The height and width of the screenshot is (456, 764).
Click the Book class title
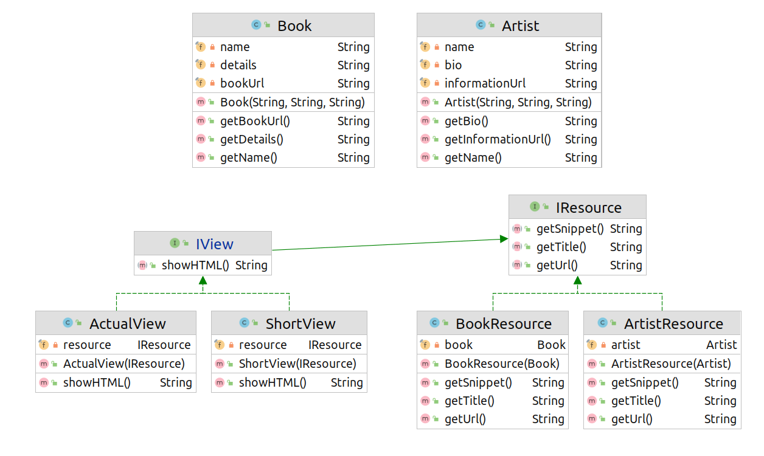click(x=294, y=26)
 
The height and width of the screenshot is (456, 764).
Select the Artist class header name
click(x=520, y=26)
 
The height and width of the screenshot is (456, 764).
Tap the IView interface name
click(x=215, y=244)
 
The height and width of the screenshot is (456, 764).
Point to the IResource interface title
click(x=589, y=207)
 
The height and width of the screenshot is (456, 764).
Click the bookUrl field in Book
click(x=242, y=83)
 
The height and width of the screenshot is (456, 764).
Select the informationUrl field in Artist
click(x=485, y=83)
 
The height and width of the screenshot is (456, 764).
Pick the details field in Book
click(x=238, y=65)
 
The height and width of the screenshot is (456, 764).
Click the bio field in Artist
click(x=453, y=65)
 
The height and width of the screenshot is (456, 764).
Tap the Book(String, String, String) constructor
click(x=293, y=102)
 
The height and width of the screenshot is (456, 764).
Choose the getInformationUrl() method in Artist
click(x=498, y=139)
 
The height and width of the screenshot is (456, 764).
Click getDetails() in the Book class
click(x=252, y=139)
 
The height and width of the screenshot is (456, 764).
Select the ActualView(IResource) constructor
click(x=124, y=364)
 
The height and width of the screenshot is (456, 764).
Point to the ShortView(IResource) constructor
click(x=297, y=364)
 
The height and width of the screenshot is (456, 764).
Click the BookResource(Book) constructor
click(x=502, y=364)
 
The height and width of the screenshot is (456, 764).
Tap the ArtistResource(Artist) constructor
click(x=671, y=364)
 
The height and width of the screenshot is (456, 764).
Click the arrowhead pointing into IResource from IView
click(x=504, y=239)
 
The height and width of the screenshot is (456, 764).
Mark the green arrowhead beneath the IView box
click(x=203, y=280)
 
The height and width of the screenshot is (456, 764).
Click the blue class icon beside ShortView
click(x=244, y=322)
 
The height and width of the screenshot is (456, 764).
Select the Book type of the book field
click(x=551, y=345)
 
